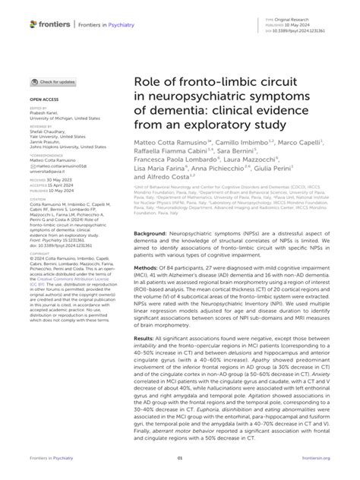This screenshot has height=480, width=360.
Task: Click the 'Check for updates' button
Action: pyautogui.click(x=53, y=81)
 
